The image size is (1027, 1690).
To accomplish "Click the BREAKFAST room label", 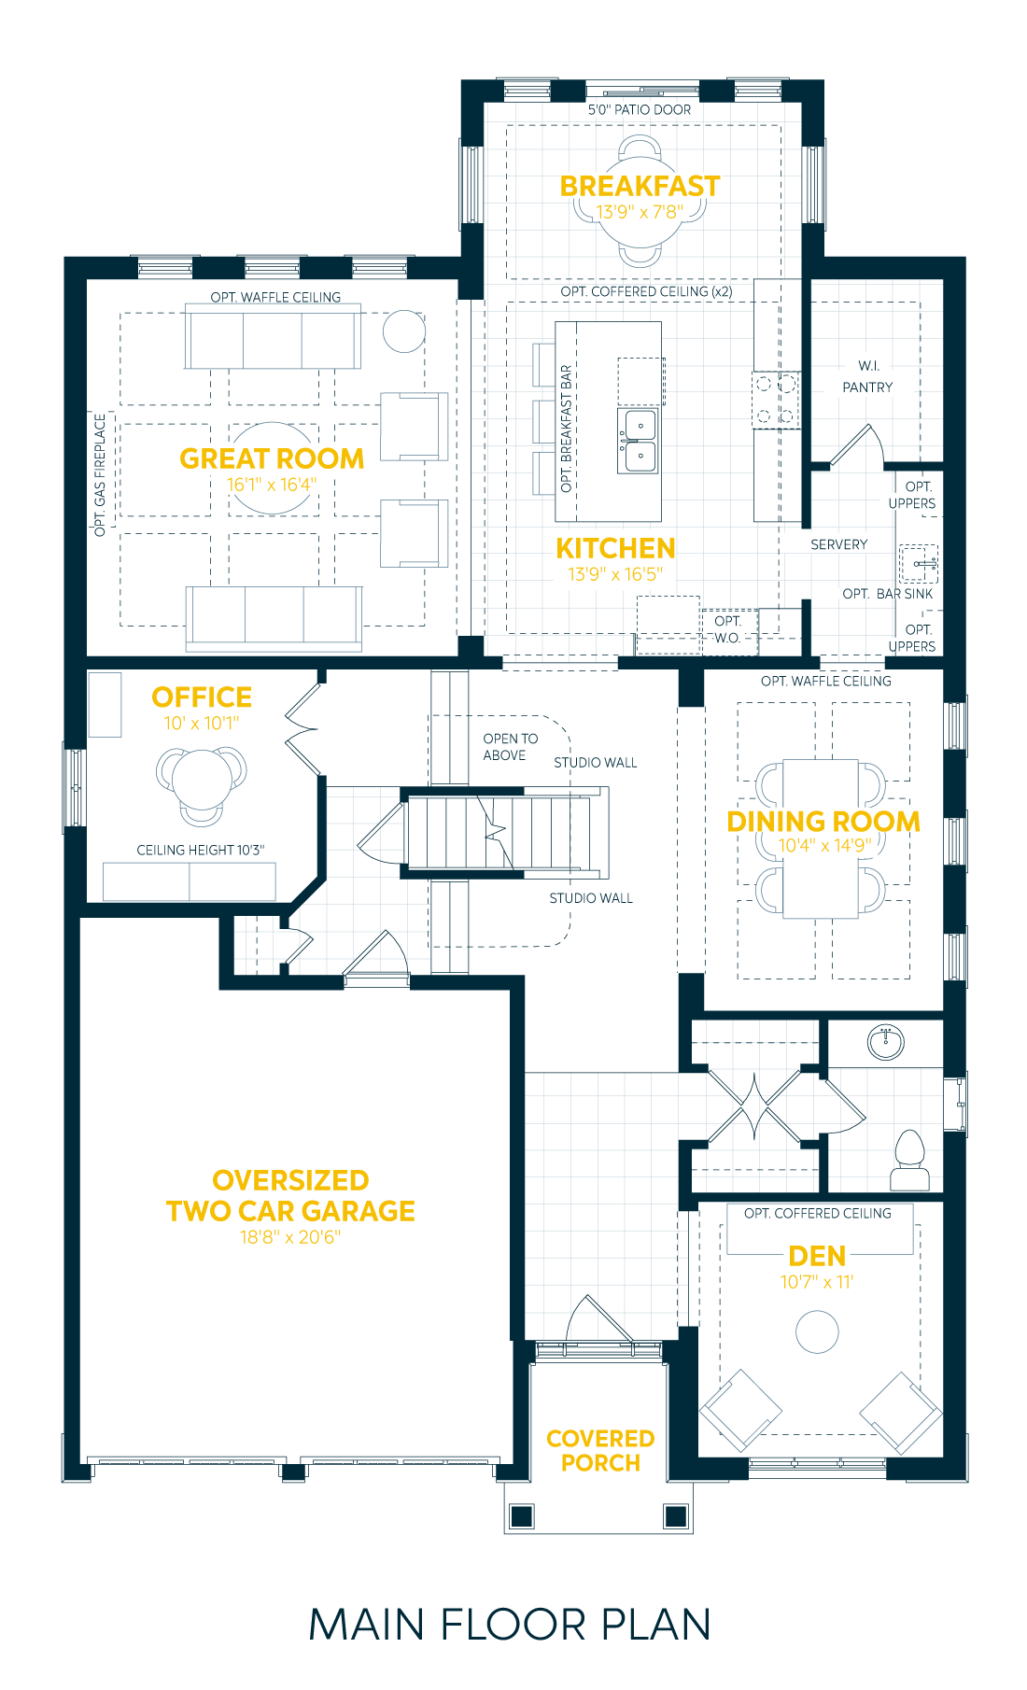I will (640, 186).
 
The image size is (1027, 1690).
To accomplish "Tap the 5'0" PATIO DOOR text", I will (640, 109).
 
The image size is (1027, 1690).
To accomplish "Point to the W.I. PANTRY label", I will (867, 376).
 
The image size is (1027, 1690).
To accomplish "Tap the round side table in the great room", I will (404, 331).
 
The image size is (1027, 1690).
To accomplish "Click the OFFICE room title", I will (202, 697).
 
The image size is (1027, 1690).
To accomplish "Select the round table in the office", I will (201, 779).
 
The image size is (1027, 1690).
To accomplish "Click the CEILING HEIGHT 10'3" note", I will (200, 850).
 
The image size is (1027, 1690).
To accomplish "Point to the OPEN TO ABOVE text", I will (509, 747).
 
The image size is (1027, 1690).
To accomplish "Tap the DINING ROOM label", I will (823, 822).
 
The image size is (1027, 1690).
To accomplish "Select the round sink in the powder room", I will (885, 1041).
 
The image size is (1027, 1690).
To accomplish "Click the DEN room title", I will (817, 1256).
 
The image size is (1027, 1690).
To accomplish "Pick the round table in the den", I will (817, 1331).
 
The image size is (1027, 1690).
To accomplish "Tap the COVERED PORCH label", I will (600, 1450).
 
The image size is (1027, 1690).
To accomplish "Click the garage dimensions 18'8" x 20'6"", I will (290, 1237).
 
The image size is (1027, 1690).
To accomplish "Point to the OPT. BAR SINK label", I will (887, 594).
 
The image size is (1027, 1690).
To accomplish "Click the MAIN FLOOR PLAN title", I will (510, 1625).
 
